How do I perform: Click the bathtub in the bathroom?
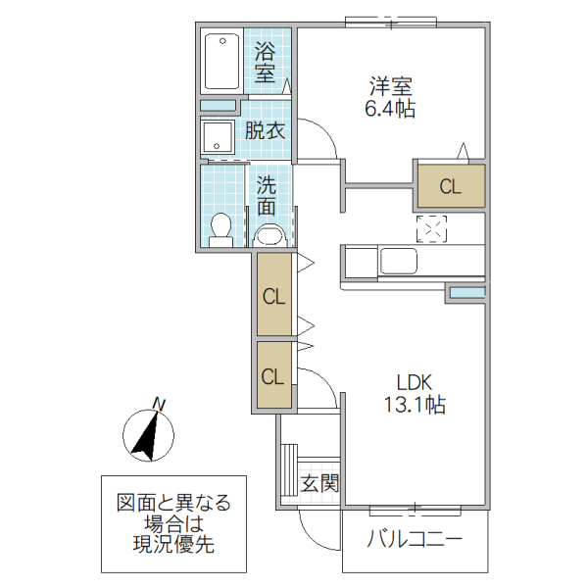[221, 61]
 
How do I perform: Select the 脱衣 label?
[265, 130]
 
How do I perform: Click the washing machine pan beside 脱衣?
[218, 137]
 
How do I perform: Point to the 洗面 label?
[267, 195]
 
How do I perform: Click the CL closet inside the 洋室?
[450, 186]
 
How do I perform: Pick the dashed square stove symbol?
[431, 228]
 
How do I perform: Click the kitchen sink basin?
[399, 262]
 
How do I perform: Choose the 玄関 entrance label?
[319, 483]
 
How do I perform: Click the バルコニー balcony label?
[415, 539]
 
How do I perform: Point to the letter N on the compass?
[159, 403]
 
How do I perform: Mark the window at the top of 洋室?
[389, 21]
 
